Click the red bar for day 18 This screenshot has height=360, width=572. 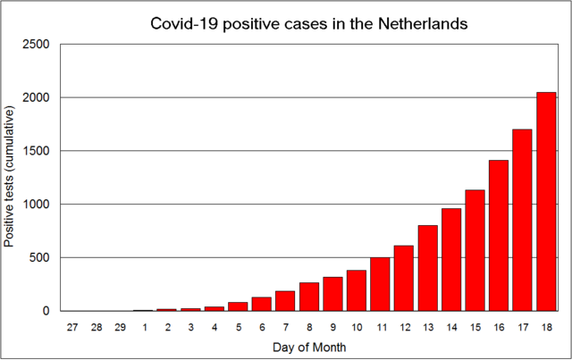pyautogui.click(x=546, y=202)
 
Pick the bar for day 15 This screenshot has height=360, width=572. pyautogui.click(x=475, y=251)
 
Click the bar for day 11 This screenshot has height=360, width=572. pyautogui.click(x=380, y=284)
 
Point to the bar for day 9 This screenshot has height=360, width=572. pyautogui.click(x=332, y=294)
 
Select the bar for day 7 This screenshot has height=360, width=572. pyautogui.click(x=284, y=301)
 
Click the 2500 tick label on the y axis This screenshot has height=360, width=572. pyautogui.click(x=37, y=44)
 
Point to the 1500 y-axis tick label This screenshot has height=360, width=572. pyautogui.click(x=37, y=151)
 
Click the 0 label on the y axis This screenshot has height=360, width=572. pyautogui.click(x=48, y=312)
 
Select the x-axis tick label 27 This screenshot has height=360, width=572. pyautogui.click(x=72, y=328)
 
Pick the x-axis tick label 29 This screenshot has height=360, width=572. pyautogui.click(x=120, y=328)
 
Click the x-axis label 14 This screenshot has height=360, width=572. pyautogui.click(x=451, y=328)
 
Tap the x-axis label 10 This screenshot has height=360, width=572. pyautogui.click(x=356, y=328)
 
